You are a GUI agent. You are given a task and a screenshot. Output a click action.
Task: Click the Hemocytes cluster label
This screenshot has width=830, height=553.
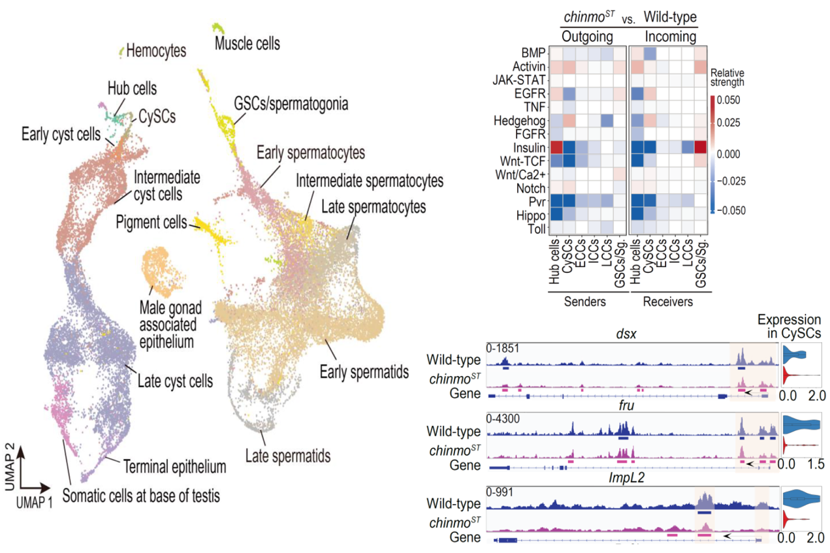pyautogui.click(x=157, y=50)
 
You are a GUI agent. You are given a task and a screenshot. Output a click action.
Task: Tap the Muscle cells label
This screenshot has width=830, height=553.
pyautogui.click(x=248, y=44)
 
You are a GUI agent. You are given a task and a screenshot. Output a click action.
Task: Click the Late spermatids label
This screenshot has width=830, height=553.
pyautogui.click(x=287, y=454)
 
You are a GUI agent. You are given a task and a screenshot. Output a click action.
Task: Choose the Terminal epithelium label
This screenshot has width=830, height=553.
pyautogui.click(x=174, y=467)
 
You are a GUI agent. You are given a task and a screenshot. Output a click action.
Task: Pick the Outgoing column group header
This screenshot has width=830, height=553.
pyautogui.click(x=586, y=37)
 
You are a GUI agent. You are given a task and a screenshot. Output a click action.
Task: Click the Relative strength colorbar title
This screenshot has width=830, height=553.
pyautogui.click(x=727, y=78)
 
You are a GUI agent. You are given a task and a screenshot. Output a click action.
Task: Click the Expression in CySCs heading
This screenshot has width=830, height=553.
pyautogui.click(x=790, y=326)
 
